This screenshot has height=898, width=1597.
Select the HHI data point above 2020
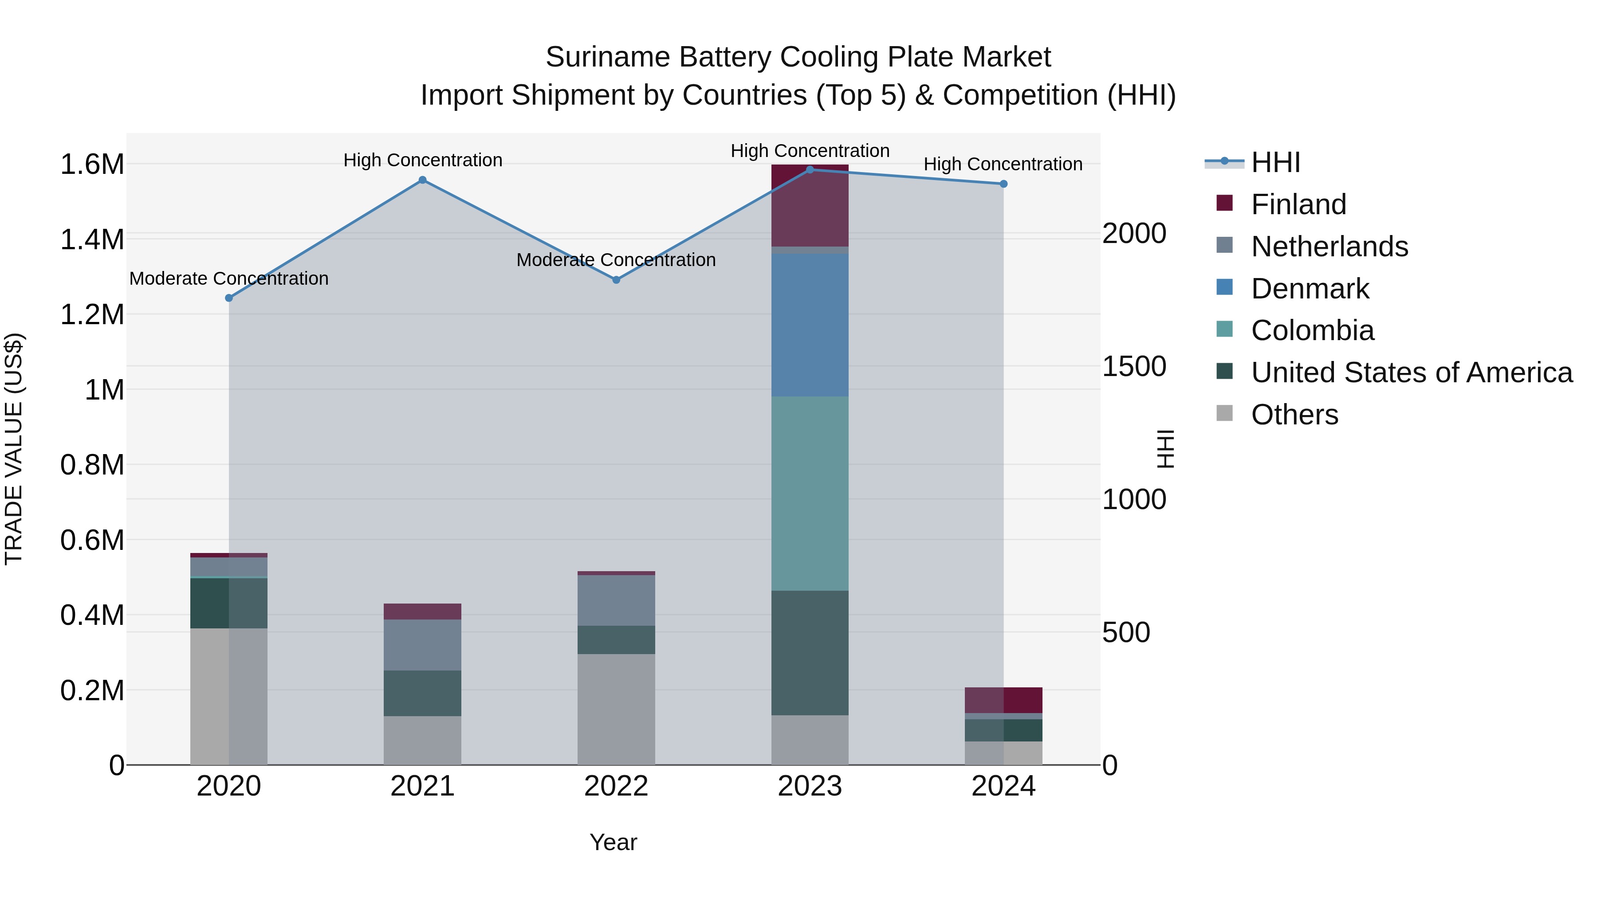(229, 298)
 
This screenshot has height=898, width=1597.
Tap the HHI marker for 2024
(1004, 184)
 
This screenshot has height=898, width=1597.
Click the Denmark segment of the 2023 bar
(810, 325)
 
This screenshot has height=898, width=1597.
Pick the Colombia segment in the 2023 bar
(810, 493)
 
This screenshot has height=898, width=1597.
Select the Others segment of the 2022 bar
(616, 709)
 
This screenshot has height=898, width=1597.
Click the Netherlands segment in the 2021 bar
(422, 644)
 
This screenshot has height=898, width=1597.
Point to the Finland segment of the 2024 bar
(1004, 700)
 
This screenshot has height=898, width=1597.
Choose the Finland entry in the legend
(1298, 204)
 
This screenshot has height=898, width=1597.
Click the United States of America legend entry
(1411, 373)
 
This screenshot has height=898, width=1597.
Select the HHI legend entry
(1275, 162)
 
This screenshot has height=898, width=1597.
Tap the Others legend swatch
(1224, 413)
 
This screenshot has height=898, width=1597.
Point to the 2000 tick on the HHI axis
(1134, 234)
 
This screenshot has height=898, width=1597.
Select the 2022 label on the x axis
(616, 786)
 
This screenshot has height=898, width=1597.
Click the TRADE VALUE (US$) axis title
(14, 449)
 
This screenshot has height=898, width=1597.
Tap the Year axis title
(613, 842)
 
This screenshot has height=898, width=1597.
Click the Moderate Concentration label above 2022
(616, 260)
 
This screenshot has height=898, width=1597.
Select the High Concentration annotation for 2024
(1003, 164)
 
